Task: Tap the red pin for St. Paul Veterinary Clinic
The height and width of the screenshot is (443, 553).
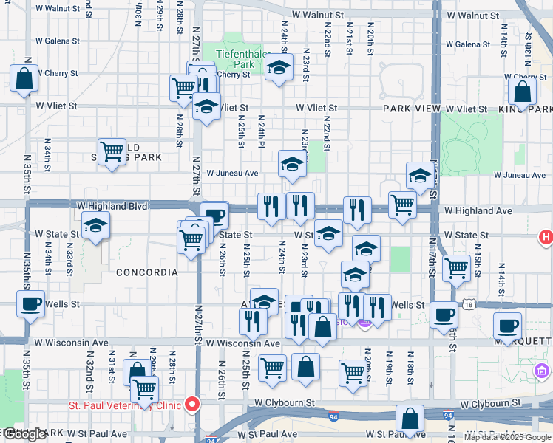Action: (192, 404)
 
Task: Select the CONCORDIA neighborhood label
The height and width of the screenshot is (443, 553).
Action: (146, 272)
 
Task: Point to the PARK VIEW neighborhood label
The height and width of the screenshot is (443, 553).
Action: (411, 109)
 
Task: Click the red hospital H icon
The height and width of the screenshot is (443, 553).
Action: (545, 237)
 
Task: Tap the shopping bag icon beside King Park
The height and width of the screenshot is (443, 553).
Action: (522, 92)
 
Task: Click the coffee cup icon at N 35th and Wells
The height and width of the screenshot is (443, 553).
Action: (30, 303)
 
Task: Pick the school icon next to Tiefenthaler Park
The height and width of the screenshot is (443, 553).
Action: (278, 67)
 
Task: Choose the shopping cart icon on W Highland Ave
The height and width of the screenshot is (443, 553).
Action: (402, 205)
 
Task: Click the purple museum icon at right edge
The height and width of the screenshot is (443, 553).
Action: (541, 370)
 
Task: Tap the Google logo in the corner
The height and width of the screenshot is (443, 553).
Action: (24, 435)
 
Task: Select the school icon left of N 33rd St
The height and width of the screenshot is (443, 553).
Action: (95, 226)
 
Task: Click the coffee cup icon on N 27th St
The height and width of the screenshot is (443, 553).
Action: (214, 216)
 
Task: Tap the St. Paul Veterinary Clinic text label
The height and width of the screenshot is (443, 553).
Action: (125, 405)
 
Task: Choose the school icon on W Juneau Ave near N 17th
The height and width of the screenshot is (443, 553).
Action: (420, 176)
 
